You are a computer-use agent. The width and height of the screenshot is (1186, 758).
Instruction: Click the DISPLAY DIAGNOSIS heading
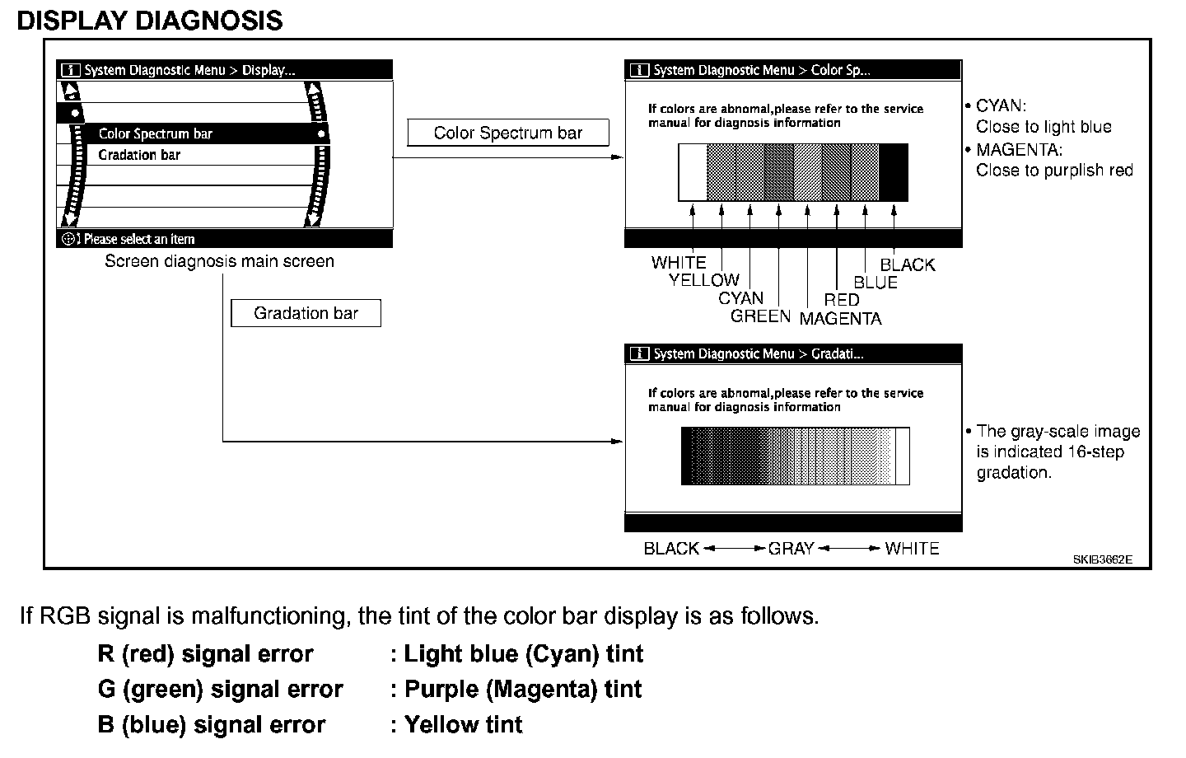[150, 20]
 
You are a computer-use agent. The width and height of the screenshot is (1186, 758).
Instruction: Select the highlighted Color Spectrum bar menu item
[156, 133]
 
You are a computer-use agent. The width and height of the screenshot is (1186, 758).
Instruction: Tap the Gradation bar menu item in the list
[139, 155]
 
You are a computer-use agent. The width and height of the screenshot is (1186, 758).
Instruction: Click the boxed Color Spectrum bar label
[508, 133]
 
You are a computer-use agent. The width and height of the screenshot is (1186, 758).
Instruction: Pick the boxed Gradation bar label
[306, 313]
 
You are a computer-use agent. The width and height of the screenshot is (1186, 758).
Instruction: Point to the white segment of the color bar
[693, 172]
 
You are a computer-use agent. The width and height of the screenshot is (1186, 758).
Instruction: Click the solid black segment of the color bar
[894, 172]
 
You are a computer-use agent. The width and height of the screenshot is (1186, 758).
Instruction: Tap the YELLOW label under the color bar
[704, 280]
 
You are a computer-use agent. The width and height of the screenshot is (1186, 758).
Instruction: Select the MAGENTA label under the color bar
[840, 319]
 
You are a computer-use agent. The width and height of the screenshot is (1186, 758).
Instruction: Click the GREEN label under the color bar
[760, 316]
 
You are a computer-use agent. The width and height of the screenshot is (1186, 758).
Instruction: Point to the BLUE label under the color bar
[875, 283]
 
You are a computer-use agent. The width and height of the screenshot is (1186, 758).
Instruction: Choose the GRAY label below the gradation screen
[791, 549]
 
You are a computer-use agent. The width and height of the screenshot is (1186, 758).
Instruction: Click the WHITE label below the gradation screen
[912, 549]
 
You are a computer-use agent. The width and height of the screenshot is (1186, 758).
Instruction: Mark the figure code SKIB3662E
[1102, 559]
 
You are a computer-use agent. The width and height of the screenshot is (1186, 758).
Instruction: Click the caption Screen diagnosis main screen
[219, 262]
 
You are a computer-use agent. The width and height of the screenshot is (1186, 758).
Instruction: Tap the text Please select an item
[139, 240]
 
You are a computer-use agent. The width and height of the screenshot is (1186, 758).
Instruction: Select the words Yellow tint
[463, 725]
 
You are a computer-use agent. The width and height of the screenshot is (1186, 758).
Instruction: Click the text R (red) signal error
[205, 654]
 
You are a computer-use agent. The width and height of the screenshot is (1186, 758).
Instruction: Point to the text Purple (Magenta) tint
[523, 690]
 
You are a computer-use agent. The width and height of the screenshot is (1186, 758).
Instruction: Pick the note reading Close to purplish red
[1054, 171]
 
